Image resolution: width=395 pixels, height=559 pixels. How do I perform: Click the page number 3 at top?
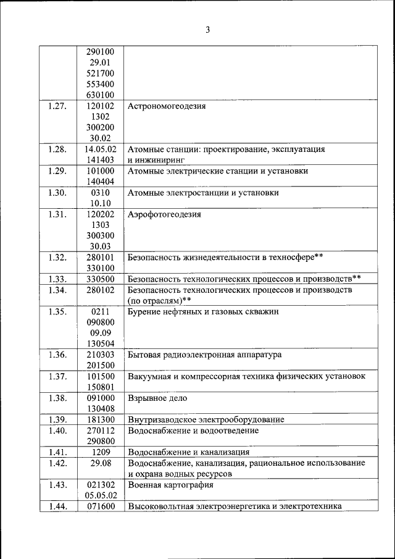(208, 29)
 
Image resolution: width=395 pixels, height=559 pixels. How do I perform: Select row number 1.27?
(57, 106)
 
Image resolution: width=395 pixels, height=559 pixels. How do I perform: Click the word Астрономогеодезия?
(167, 106)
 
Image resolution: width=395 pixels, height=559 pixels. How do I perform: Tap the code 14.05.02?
(100, 149)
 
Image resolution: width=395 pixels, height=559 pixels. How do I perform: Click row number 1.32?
(57, 256)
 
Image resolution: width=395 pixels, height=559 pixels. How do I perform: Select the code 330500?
(100, 279)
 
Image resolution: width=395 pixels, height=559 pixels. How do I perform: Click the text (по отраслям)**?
(159, 300)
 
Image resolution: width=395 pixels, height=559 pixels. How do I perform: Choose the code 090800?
(100, 322)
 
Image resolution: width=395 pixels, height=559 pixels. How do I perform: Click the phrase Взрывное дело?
(157, 398)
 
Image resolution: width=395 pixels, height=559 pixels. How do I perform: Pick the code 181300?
(100, 419)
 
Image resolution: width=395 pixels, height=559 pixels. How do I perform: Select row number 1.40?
(57, 431)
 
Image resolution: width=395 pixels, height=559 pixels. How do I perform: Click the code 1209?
(100, 452)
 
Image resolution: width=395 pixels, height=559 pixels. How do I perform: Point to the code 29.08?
(100, 463)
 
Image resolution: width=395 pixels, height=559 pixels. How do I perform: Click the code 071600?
(100, 506)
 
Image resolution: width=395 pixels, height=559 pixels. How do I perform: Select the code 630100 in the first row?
(100, 95)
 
